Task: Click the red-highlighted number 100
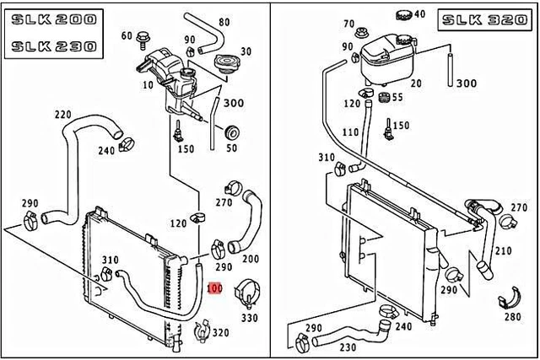(214, 288)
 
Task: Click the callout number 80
(224, 22)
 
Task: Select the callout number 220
(62, 115)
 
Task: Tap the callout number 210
(504, 251)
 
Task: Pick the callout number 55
(397, 98)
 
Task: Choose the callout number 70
(349, 25)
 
